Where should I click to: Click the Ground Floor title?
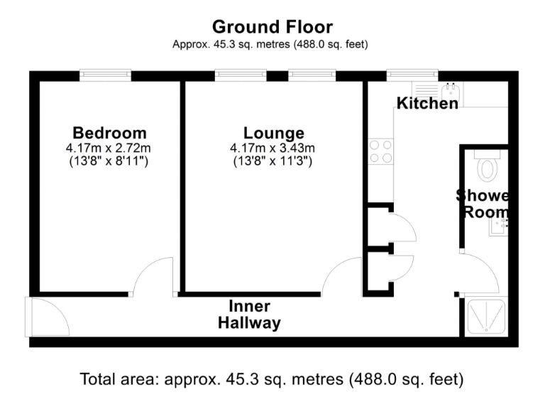click(x=272, y=27)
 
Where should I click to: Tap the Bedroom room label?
click(x=110, y=133)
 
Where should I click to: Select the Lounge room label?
click(x=274, y=133)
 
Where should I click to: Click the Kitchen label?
click(x=427, y=104)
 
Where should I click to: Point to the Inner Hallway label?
click(x=249, y=315)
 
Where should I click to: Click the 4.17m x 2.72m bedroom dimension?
click(x=110, y=148)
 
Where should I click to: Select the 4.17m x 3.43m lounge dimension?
click(x=274, y=148)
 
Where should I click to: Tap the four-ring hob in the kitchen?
click(x=380, y=151)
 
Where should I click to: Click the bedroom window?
click(x=105, y=73)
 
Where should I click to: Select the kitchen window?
click(x=412, y=73)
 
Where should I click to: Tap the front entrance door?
click(x=47, y=317)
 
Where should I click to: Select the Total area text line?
click(x=272, y=378)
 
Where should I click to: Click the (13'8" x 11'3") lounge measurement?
click(x=274, y=161)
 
